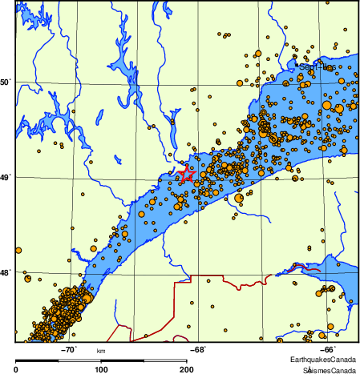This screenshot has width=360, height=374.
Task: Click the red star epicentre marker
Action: tap(187, 174)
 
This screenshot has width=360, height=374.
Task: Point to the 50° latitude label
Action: tap(6, 82)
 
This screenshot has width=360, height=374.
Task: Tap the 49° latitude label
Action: tap(6, 177)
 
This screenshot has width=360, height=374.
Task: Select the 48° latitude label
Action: tap(6, 273)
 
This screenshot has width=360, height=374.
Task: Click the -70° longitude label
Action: tap(68, 349)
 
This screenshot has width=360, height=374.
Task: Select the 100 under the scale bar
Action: tap(101, 369)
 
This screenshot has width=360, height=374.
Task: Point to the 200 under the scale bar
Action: tap(185, 369)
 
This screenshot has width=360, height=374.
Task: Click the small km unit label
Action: tap(101, 351)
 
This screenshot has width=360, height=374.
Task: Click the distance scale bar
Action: tap(101, 359)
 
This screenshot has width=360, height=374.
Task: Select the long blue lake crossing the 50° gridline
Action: tap(119, 76)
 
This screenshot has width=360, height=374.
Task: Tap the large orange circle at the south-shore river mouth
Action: tap(239, 198)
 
